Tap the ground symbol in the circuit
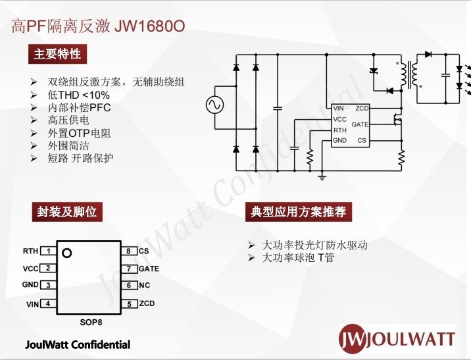pos(322,174)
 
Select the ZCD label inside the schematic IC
pos(362,109)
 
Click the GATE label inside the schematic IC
pos(360,124)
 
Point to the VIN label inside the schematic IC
pos(339,109)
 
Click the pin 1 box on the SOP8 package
pos(48,251)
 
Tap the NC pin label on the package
pos(144,286)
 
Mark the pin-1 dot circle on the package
pos(66,252)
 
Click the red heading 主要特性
pos(57,54)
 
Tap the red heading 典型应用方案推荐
pos(298,212)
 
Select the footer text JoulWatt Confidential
pos(78,345)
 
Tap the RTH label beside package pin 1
pos(31,251)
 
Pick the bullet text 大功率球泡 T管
pos(298,258)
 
